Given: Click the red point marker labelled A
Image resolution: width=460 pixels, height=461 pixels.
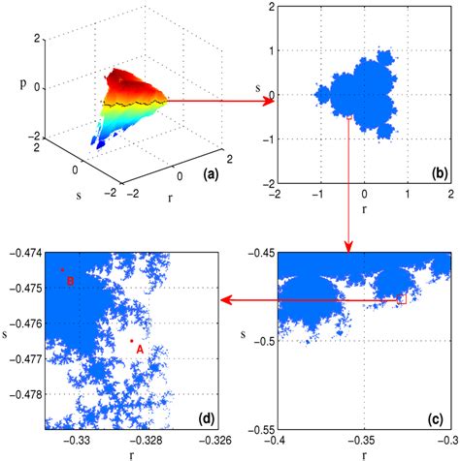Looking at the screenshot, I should [132, 341].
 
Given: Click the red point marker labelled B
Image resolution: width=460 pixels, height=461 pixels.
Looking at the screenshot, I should [62, 270].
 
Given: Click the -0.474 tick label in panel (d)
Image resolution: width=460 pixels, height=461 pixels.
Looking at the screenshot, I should [21, 253].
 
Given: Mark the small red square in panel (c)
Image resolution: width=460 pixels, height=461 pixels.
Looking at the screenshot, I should [402, 300].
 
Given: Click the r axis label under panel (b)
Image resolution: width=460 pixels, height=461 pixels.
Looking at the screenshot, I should [364, 208].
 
